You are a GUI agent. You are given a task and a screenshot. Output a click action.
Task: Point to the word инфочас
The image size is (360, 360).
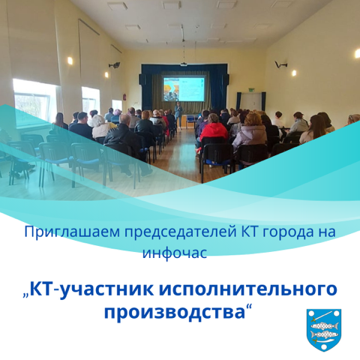click(175, 253)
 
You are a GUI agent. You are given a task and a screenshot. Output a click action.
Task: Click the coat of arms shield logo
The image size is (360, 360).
click(324, 330)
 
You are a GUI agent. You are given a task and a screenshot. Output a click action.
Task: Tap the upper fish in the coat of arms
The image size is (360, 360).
click(325, 325)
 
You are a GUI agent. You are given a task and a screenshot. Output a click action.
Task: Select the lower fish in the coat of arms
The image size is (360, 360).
click(323, 334)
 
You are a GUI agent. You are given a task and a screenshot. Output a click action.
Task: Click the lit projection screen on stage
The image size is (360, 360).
click(184, 89)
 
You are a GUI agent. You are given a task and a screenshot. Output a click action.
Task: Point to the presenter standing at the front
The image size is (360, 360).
click(178, 115)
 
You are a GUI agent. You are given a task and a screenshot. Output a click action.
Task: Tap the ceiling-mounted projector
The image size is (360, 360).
click(184, 64)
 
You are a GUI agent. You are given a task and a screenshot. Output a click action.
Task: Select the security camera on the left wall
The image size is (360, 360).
click(115, 65)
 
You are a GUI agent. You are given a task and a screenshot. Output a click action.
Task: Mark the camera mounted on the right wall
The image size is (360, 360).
click(280, 64)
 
